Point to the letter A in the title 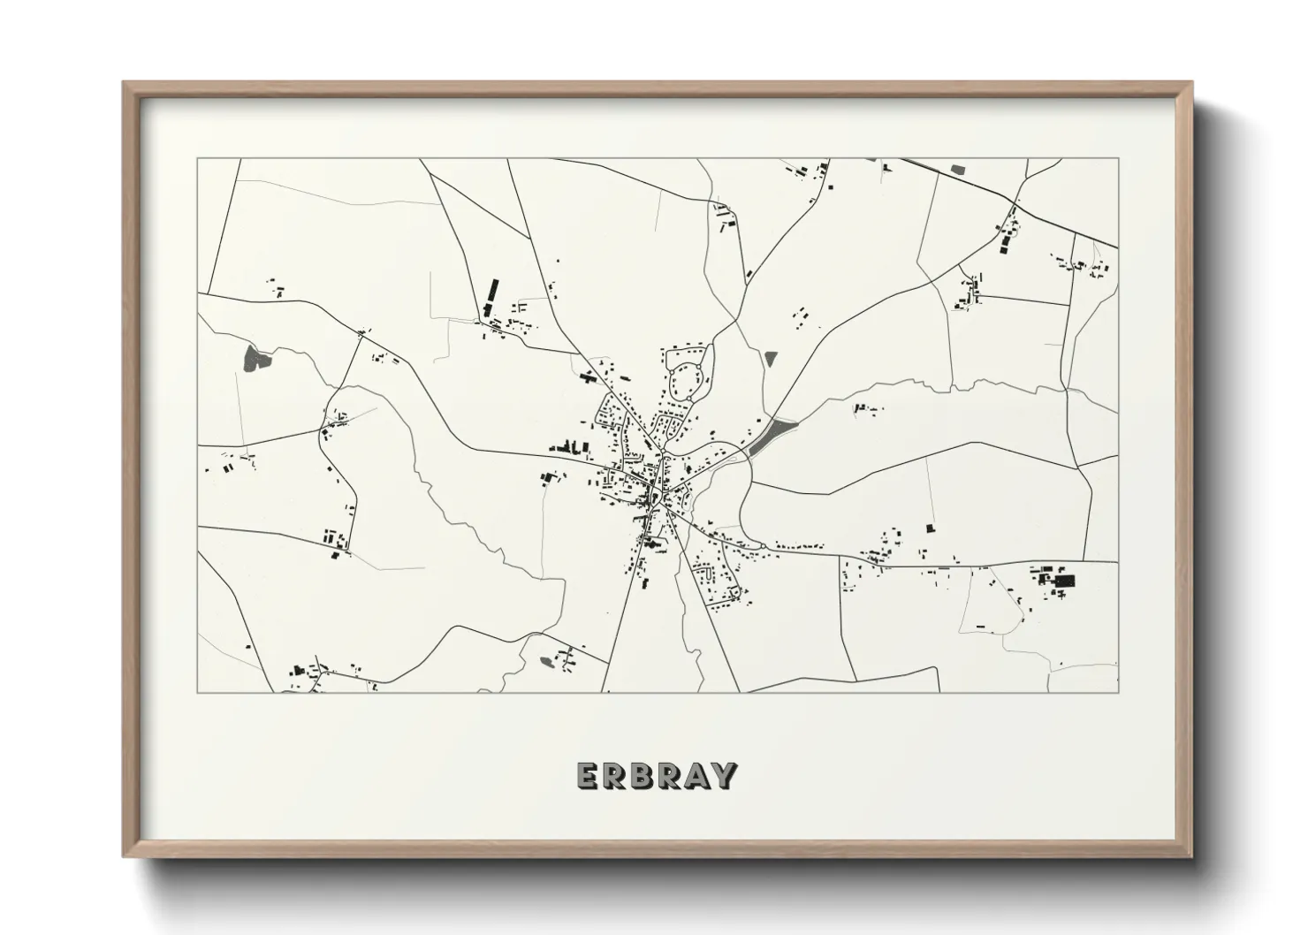point(697,775)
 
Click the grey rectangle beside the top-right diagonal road point(958,167)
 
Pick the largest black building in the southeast point(1064,581)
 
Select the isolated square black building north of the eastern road point(929,528)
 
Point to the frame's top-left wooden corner point(127,87)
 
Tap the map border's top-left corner point(198,159)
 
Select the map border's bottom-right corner point(1118,692)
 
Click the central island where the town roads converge point(655,498)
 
